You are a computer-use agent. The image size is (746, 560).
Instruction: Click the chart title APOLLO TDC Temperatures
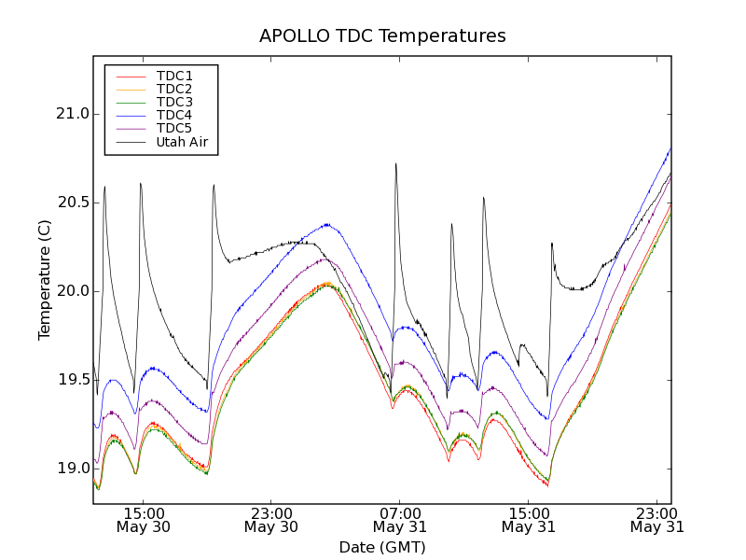click(x=382, y=36)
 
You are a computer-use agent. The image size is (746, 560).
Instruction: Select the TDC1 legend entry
click(x=174, y=76)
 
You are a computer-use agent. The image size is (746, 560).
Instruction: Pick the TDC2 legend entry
click(x=174, y=89)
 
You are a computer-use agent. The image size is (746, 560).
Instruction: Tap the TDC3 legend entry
click(x=174, y=102)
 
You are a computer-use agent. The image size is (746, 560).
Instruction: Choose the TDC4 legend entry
click(x=174, y=115)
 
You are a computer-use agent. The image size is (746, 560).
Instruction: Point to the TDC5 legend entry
click(x=174, y=128)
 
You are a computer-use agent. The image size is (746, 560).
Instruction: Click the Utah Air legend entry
click(x=182, y=142)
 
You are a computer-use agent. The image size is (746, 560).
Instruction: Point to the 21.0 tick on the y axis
click(x=71, y=114)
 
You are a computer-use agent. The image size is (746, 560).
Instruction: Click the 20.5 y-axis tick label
click(x=71, y=203)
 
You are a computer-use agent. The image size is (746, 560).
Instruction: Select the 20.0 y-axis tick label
click(x=71, y=291)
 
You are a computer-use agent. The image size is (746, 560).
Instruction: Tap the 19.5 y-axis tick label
click(x=71, y=380)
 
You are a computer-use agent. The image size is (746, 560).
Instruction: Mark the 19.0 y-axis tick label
click(x=71, y=469)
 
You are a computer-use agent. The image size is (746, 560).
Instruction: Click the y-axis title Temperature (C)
click(x=45, y=280)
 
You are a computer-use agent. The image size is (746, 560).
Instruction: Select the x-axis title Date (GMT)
click(x=382, y=547)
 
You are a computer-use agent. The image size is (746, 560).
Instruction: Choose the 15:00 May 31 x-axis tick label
click(x=529, y=520)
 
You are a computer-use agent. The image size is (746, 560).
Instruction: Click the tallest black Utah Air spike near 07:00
click(x=395, y=164)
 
